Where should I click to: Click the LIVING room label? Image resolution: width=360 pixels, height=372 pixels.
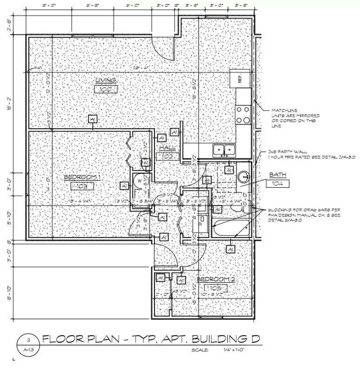pyautogui.click(x=106, y=80)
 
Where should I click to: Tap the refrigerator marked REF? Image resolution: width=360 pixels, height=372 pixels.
pyautogui.click(x=240, y=80)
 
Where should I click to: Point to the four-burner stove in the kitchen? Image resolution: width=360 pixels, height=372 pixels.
pyautogui.click(x=243, y=114)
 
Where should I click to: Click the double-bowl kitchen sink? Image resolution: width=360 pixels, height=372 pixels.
pyautogui.click(x=224, y=150)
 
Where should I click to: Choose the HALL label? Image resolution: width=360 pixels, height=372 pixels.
pyautogui.click(x=167, y=148)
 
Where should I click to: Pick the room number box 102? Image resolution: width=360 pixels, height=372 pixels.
pyautogui.click(x=167, y=157)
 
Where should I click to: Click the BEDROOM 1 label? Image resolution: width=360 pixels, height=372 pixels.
pyautogui.click(x=82, y=178)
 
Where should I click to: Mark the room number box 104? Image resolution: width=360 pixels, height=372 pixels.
pyautogui.click(x=279, y=184)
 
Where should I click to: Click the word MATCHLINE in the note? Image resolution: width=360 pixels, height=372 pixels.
pyautogui.click(x=282, y=111)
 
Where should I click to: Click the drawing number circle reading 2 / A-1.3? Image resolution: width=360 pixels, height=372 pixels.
pyautogui.click(x=28, y=344)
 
